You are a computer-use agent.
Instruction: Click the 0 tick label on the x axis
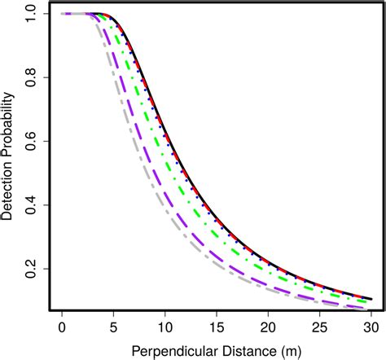pyautogui.click(x=62, y=327)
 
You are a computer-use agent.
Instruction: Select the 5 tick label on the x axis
pyautogui.click(x=113, y=327)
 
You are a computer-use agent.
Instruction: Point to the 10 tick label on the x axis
pyautogui.click(x=165, y=327)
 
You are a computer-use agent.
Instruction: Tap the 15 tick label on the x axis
pyautogui.click(x=217, y=327)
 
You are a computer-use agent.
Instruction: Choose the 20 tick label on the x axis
pyautogui.click(x=269, y=327)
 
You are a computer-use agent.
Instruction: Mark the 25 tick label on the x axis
pyautogui.click(x=320, y=327)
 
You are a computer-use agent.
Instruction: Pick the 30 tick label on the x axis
pyautogui.click(x=371, y=327)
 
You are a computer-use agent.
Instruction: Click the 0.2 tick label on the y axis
pyautogui.click(x=32, y=269)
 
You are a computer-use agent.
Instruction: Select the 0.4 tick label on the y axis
pyautogui.click(x=32, y=205)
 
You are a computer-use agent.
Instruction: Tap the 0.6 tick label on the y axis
pyautogui.click(x=32, y=142)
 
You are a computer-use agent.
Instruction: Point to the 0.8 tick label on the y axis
pyautogui.click(x=32, y=78)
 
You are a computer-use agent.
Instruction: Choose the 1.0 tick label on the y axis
pyautogui.click(x=32, y=15)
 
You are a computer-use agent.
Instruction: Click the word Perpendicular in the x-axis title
pyautogui.click(x=173, y=350)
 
